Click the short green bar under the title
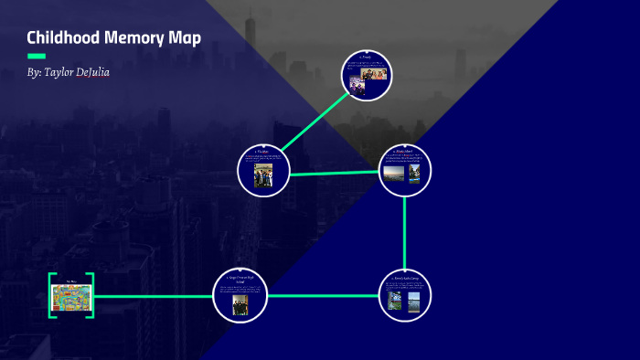click(37, 56)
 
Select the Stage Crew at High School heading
click(240, 278)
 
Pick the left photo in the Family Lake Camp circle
click(395, 301)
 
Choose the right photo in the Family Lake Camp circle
click(414, 301)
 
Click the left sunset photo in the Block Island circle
click(393, 174)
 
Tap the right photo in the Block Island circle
click(415, 174)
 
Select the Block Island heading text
click(404, 151)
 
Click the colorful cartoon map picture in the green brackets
click(71, 296)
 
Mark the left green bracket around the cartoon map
click(51, 295)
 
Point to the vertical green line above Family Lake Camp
click(404, 233)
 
